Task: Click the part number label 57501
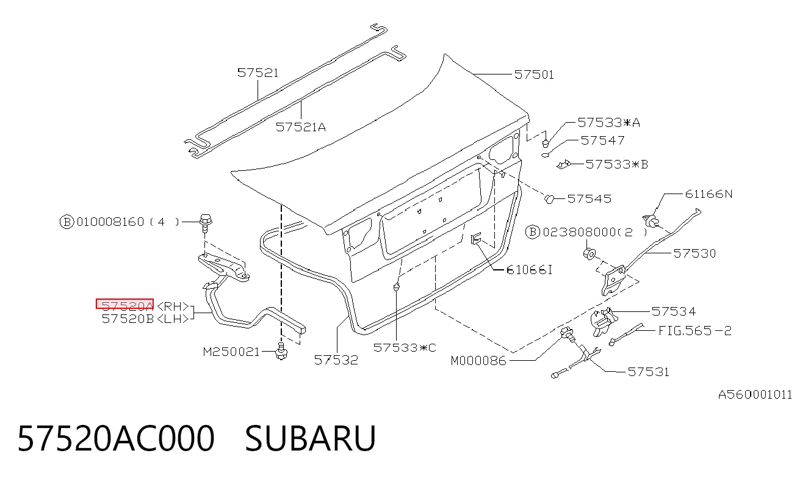point(534,74)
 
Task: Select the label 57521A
point(301,127)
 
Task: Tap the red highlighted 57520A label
point(125,303)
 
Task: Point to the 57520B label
point(128,319)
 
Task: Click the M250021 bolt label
point(231,352)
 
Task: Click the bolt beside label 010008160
point(205,222)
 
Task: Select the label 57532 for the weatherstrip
point(336,360)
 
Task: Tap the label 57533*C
point(405,348)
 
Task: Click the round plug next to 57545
point(550,199)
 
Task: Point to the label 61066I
point(529,270)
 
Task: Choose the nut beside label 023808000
point(590,253)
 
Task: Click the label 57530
point(694,253)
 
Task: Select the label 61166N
point(709,194)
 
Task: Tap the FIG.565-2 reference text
point(695,331)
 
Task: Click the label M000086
point(478,361)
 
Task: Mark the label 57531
point(648,372)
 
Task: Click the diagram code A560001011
point(755,395)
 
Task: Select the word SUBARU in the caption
point(310,438)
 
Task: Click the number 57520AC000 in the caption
point(116,438)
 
